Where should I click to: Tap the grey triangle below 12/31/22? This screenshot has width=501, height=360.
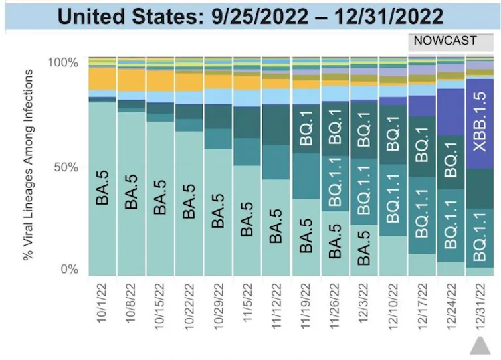click(x=480, y=345)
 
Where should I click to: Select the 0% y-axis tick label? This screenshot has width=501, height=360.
click(x=70, y=270)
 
